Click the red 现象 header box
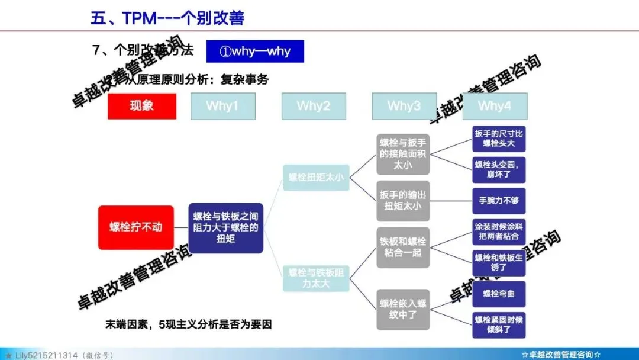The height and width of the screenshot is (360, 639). pos(142,106)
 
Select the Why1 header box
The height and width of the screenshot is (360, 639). pos(222,106)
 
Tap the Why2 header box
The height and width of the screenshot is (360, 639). pos(314,106)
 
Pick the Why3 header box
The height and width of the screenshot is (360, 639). pos(404,106)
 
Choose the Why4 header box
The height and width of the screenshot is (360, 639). pos(495,106)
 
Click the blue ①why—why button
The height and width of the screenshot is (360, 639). pos(255,51)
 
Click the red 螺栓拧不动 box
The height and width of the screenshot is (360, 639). pos(136,227)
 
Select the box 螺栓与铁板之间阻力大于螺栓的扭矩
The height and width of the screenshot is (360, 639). pos(226,228)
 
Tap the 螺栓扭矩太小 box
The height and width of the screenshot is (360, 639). pos(316,177)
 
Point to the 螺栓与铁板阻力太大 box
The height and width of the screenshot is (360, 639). pos(316,278)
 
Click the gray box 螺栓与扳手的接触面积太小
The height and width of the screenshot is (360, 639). pos(403,154)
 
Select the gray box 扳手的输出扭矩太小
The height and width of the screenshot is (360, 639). pos(403,201)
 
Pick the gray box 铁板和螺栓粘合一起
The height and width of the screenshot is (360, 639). pos(403,247)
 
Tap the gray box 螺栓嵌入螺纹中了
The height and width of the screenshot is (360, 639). pos(403,308)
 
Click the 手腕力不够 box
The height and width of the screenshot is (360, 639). pos(499,201)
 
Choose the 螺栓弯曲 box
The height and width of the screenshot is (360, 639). pos(499,294)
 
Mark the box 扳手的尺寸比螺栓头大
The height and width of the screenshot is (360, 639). pos(499,139)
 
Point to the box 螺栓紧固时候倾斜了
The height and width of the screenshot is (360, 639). pos(499,325)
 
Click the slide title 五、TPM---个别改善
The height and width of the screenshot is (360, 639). pos(167,18)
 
